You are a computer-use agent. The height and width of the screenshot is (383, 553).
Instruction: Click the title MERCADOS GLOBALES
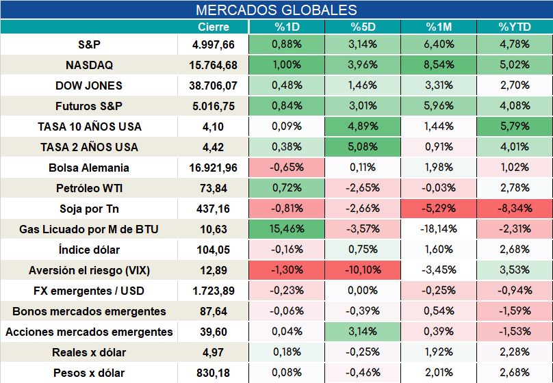click(x=276, y=10)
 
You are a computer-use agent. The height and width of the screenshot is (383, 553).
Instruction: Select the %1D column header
click(x=287, y=27)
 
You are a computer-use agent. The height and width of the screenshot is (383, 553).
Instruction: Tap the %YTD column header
click(x=515, y=27)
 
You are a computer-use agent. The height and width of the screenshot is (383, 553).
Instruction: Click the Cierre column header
click(x=214, y=27)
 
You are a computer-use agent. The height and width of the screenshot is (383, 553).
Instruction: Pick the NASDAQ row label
click(x=89, y=65)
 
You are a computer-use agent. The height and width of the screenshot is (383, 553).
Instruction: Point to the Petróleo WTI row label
click(x=89, y=188)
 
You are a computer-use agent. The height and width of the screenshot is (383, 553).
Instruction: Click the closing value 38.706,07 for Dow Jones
click(x=213, y=85)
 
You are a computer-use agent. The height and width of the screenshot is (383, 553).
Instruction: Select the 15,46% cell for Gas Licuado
click(x=287, y=229)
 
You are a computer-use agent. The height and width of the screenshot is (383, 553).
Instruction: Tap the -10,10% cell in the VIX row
click(x=363, y=270)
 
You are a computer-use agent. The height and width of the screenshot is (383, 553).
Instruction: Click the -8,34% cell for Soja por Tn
click(x=515, y=208)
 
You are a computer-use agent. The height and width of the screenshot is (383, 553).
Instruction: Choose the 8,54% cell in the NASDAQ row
click(x=439, y=65)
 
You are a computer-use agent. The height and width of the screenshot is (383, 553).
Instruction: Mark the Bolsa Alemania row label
click(x=89, y=168)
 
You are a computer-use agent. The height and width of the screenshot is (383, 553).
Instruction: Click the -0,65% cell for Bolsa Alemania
click(x=287, y=168)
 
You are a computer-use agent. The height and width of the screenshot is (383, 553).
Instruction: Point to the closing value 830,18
click(x=213, y=373)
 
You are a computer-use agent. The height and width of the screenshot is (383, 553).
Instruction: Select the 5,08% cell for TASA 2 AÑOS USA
click(x=363, y=147)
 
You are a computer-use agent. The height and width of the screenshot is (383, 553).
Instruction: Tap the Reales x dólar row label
click(x=89, y=352)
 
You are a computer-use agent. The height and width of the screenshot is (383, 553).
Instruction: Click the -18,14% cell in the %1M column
click(x=439, y=229)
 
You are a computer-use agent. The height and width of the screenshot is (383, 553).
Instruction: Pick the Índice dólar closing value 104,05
click(x=213, y=250)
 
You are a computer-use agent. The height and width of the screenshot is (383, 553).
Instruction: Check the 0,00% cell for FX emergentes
click(x=363, y=291)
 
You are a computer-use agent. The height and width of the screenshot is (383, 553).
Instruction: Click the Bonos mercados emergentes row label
click(x=89, y=311)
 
